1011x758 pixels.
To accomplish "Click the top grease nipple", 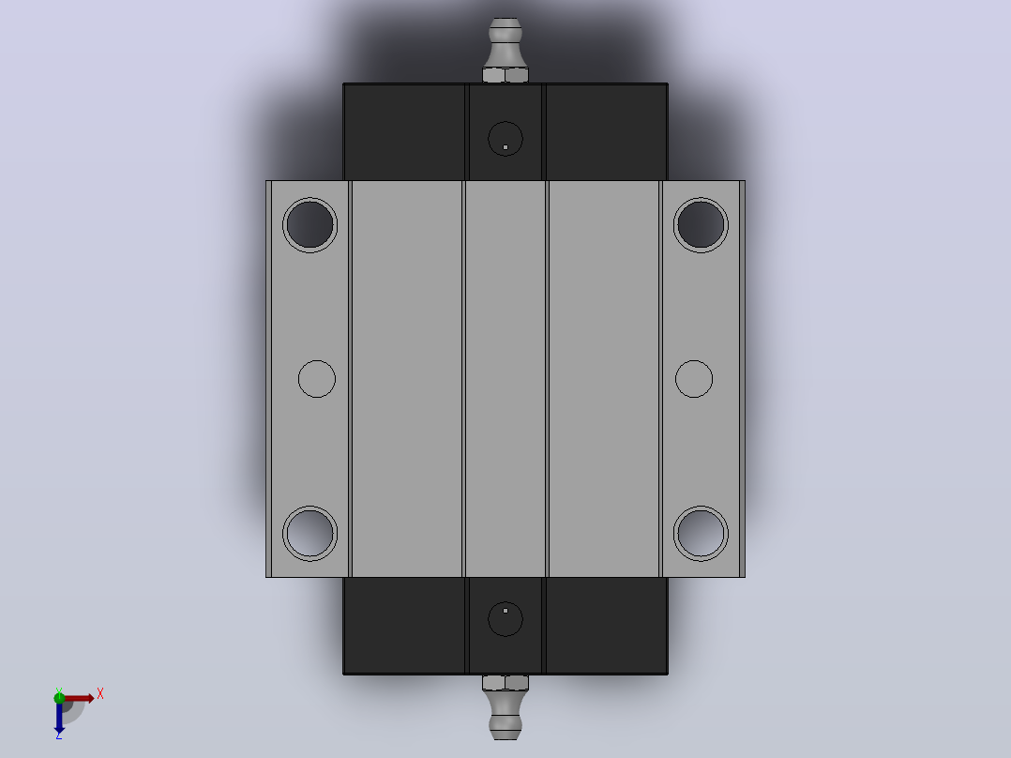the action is (x=505, y=42).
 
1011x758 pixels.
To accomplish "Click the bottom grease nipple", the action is (x=505, y=715).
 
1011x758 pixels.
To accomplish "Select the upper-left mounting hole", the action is (x=310, y=224).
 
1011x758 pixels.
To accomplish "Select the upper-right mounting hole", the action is (x=701, y=224).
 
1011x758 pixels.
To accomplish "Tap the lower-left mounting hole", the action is (x=310, y=534).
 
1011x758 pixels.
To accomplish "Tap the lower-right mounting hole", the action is (x=701, y=534).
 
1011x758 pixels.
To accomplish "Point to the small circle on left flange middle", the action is (x=317, y=379).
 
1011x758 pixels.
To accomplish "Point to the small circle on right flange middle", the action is (x=694, y=379).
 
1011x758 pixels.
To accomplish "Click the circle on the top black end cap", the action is (x=505, y=139).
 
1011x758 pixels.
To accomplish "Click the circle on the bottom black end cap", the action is (x=505, y=619).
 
